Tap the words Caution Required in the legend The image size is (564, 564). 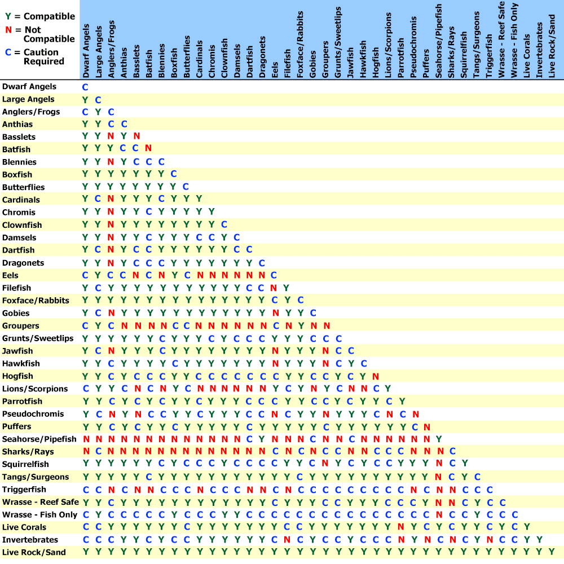coord(43,57)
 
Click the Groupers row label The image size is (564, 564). coord(21,326)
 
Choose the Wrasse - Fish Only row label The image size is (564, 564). coord(39,515)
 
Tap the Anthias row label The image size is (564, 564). coord(17,124)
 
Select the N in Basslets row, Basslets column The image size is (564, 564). coord(136,137)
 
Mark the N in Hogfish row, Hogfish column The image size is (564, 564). coord(375,376)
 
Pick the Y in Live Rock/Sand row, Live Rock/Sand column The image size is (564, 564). coord(552,552)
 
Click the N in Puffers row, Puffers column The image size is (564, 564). coord(426,426)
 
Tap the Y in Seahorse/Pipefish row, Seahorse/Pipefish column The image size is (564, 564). coord(439,439)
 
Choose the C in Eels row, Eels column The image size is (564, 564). coord(274,275)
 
